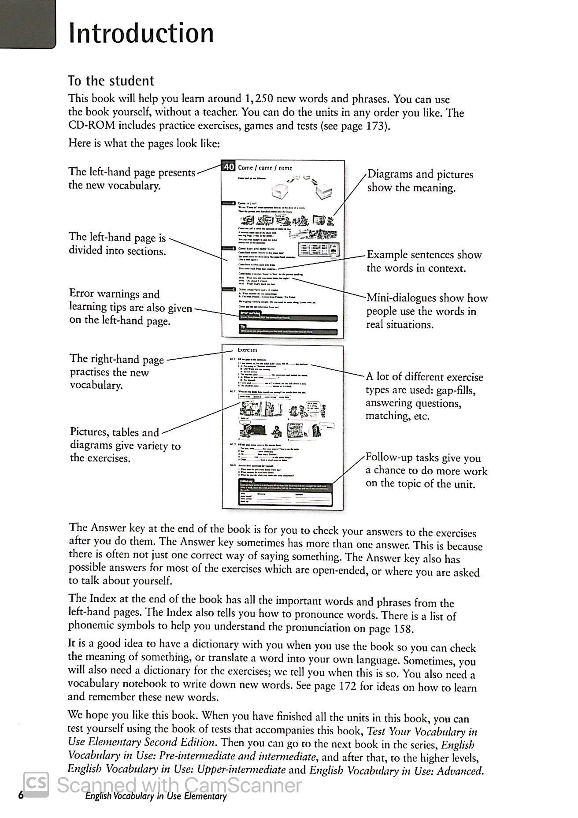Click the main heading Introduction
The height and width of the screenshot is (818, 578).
(x=141, y=33)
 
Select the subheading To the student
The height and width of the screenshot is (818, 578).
(x=111, y=81)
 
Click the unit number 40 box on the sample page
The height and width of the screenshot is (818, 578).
(x=229, y=167)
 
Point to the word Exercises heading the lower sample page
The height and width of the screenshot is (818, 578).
(x=247, y=350)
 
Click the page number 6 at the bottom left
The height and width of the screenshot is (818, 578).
(x=20, y=796)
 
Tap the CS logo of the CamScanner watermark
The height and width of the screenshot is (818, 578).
(x=36, y=784)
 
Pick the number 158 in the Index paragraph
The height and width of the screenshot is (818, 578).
(x=403, y=628)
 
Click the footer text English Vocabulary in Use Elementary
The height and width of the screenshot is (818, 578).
(x=156, y=796)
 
